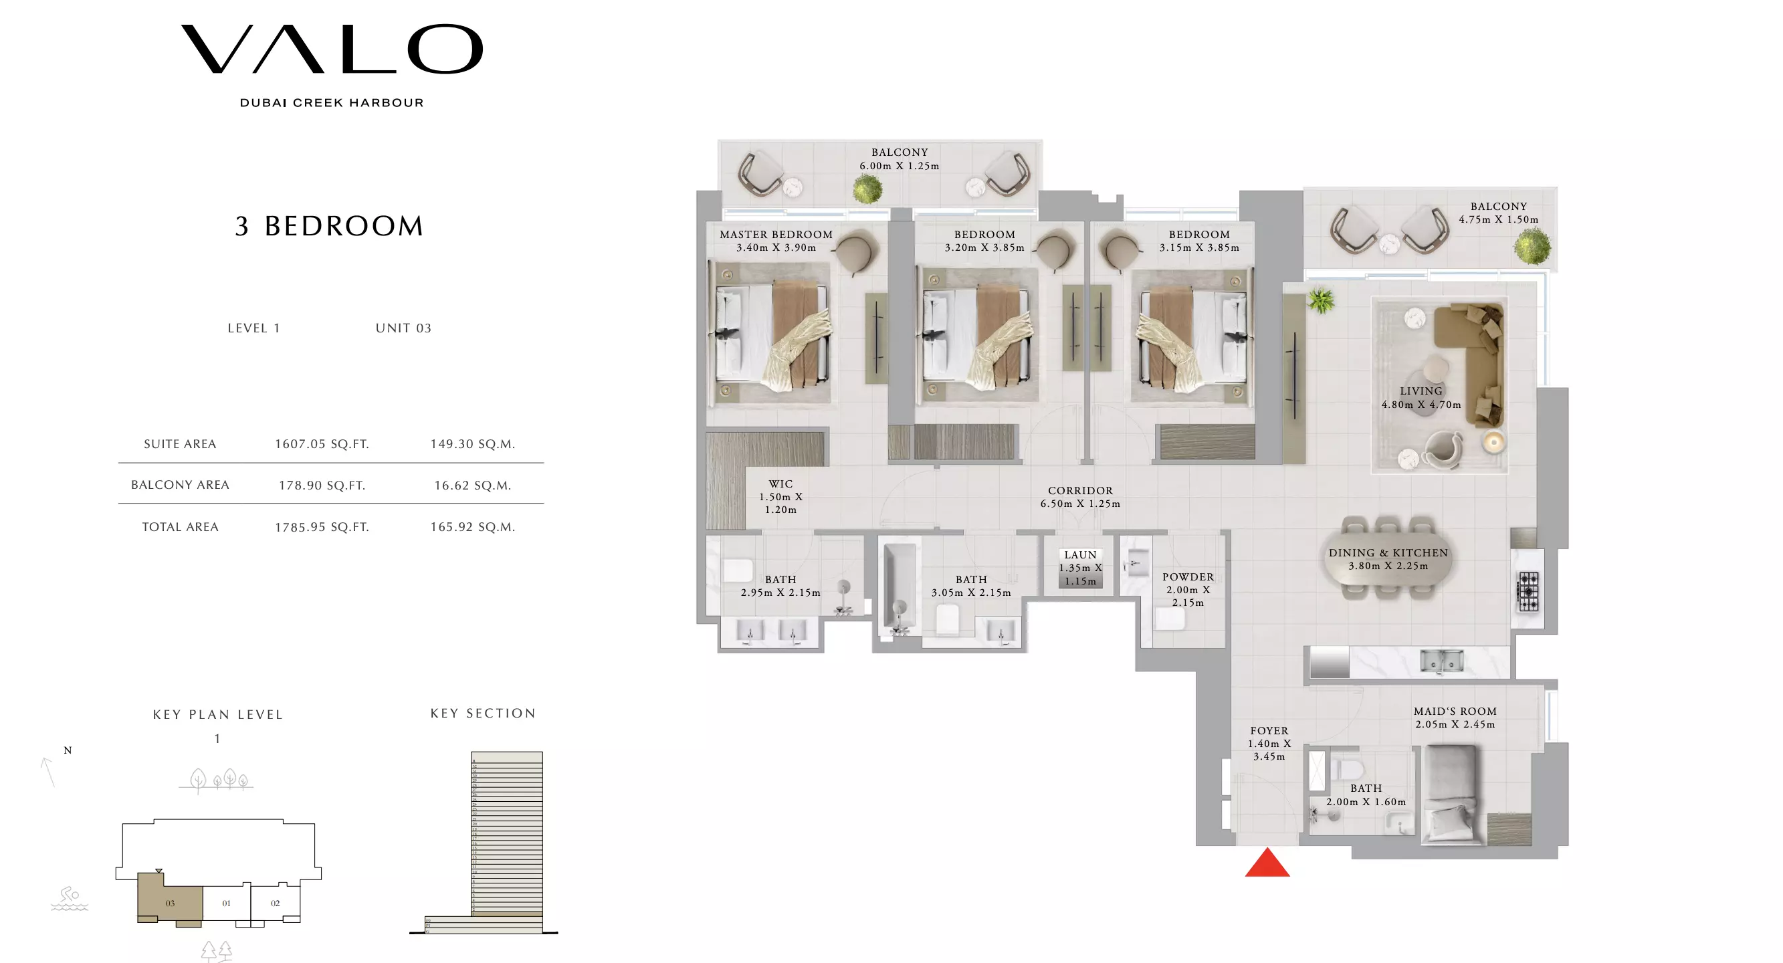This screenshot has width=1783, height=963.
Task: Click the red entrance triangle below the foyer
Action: (x=1267, y=864)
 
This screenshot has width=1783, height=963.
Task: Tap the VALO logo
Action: (x=332, y=49)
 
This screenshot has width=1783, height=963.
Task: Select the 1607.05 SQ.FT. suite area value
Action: (x=322, y=444)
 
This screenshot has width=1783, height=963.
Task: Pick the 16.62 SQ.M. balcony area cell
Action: (x=473, y=486)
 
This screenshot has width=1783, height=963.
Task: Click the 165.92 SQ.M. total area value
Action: (x=473, y=527)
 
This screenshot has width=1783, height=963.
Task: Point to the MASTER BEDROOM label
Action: (x=776, y=235)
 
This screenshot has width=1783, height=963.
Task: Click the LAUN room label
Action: (x=1080, y=555)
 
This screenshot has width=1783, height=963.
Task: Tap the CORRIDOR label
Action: (x=1080, y=491)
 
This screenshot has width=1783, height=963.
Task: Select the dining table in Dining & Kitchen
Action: (x=1387, y=558)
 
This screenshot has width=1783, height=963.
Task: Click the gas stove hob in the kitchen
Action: (x=1528, y=591)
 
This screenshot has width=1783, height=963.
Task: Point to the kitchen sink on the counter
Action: (x=1442, y=661)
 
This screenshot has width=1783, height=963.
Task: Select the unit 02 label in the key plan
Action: (x=276, y=903)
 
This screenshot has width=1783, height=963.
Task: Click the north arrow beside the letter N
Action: (x=47, y=771)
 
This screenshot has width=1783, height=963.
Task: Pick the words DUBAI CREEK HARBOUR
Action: (x=332, y=103)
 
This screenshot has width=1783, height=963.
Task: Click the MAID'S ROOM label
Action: (x=1455, y=712)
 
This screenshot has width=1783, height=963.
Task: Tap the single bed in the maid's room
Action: (x=1453, y=794)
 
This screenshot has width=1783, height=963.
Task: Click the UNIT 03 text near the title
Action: (x=403, y=328)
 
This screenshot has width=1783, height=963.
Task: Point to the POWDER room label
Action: (x=1188, y=577)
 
